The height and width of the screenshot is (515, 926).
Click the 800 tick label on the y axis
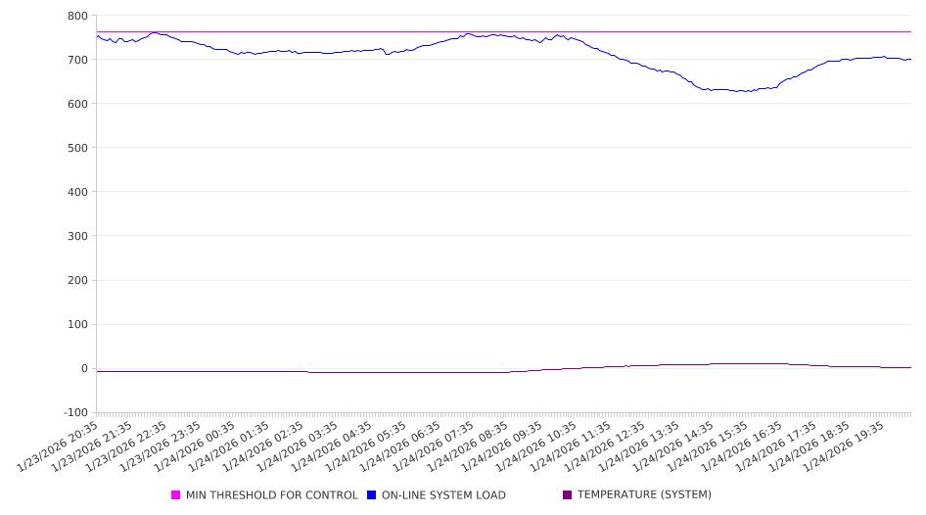pos(77,16)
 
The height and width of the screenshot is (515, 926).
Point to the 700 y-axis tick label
pos(77,60)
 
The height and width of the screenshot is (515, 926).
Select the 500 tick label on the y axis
pos(77,148)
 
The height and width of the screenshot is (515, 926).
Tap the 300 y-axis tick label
pos(77,236)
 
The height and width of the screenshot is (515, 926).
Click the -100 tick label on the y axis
pos(74,413)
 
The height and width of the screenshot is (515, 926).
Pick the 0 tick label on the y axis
pos(84,369)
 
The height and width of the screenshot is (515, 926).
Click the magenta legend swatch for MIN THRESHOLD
pos(176,495)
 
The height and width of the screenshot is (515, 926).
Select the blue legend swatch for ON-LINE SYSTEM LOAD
pos(372,495)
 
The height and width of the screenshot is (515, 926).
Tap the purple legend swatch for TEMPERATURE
pos(568,495)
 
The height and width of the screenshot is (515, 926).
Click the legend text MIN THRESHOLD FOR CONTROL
pos(272,495)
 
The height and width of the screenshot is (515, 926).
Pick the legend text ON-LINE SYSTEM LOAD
pos(443,495)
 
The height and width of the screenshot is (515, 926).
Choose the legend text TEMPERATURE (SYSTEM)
pos(644,495)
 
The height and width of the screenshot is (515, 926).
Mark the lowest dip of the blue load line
pos(744,91)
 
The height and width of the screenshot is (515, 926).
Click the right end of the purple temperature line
pos(910,367)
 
